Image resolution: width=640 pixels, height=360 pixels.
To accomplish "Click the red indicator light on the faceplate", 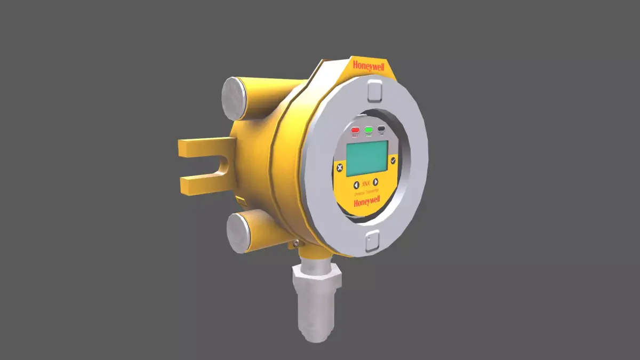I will tap(355, 130).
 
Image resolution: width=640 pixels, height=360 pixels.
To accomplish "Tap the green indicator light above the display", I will tap(369, 130).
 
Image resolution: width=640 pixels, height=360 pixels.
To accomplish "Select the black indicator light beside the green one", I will tap(381, 129).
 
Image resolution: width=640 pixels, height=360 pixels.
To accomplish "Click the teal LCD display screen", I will tap(366, 158).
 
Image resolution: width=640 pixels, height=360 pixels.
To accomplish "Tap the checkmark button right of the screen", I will tap(393, 160).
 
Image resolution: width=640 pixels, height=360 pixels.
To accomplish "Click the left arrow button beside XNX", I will tap(356, 185).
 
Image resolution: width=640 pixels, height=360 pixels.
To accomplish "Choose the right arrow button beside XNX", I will tap(375, 182).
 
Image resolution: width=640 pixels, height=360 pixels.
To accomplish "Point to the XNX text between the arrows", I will tap(366, 183).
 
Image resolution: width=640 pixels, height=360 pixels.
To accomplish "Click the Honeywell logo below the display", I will tap(366, 201).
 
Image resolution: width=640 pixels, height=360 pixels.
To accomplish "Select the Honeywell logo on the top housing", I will tap(368, 66).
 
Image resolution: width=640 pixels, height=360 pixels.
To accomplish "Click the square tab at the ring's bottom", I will tap(372, 241).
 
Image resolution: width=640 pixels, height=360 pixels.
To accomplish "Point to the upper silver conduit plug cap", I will tap(233, 98).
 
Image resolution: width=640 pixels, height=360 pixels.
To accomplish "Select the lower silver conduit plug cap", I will tap(237, 233).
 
